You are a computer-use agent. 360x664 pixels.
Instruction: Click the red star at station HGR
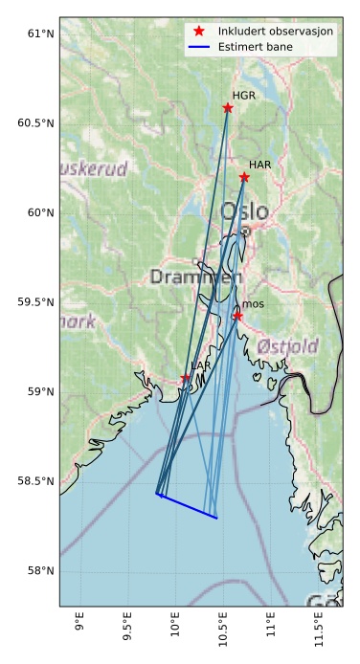tap(228, 107)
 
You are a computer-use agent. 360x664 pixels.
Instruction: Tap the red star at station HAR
tap(244, 177)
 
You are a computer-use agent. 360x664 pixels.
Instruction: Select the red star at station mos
tap(237, 316)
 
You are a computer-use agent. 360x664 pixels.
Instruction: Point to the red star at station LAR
tap(185, 380)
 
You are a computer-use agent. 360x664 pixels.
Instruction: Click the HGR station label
tap(244, 96)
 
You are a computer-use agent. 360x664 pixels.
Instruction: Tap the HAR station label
tap(260, 166)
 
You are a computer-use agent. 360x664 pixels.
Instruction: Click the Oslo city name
tap(244, 210)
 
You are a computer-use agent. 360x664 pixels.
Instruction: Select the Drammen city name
tap(196, 277)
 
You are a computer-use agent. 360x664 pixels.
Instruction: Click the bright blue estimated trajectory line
tap(188, 506)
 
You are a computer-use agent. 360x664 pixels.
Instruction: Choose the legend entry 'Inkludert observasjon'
tap(276, 32)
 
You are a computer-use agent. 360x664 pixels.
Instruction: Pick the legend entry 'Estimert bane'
tap(256, 46)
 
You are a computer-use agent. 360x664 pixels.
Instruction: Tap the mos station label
tap(253, 304)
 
